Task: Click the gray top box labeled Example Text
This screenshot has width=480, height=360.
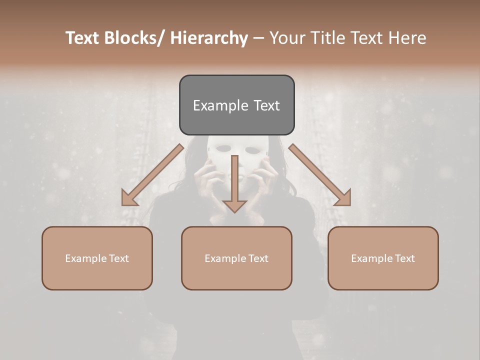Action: pos(236,105)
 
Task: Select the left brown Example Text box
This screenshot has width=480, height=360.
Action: pos(97,258)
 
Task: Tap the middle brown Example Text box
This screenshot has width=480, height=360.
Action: pos(236,258)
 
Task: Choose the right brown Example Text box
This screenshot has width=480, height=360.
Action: pos(383,258)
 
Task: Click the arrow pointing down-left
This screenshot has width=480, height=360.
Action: pos(152,175)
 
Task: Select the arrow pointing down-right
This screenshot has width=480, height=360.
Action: pos(320,175)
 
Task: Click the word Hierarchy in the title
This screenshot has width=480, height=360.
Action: pos(209,38)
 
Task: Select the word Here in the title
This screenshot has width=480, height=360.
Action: pos(407,38)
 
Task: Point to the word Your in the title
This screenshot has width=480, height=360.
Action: pos(286,38)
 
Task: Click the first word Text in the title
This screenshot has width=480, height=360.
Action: pos(82,38)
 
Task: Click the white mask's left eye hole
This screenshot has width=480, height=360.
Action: pos(224,149)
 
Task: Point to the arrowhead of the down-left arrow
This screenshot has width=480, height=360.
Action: pos(129,199)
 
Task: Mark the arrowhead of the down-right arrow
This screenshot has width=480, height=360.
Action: pos(342,198)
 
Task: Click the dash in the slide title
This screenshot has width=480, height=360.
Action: pos(258,38)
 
